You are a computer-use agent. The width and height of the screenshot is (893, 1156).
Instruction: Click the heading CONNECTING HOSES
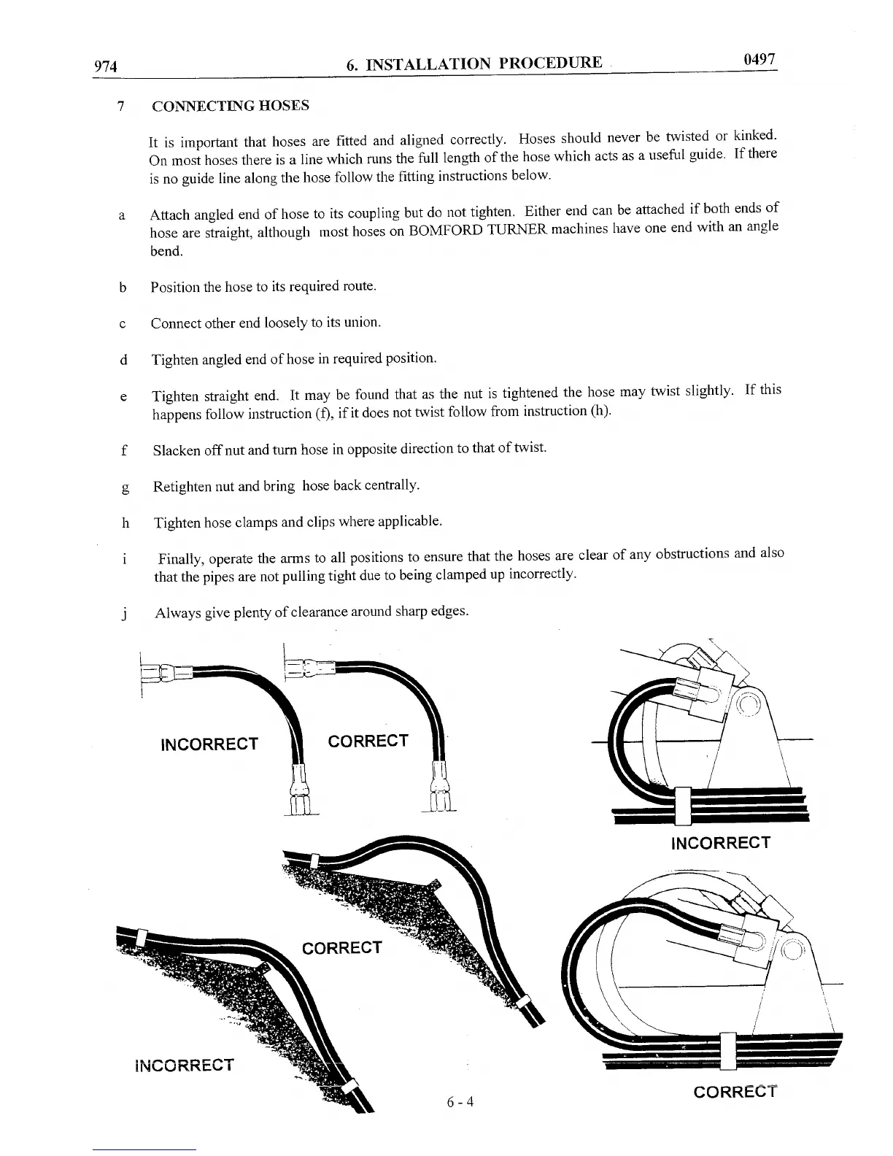(x=230, y=106)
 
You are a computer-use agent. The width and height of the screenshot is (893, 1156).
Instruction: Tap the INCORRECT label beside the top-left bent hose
(x=209, y=744)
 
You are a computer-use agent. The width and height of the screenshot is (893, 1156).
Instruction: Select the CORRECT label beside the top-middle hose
(x=368, y=741)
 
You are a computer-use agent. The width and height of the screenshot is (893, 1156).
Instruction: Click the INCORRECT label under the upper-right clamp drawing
(x=720, y=843)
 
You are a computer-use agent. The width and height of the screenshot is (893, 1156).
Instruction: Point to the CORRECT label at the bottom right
(x=735, y=1092)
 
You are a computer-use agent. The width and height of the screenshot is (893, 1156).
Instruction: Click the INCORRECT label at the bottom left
(x=185, y=1065)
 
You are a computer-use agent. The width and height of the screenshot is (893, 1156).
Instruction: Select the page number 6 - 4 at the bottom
(x=460, y=1101)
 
